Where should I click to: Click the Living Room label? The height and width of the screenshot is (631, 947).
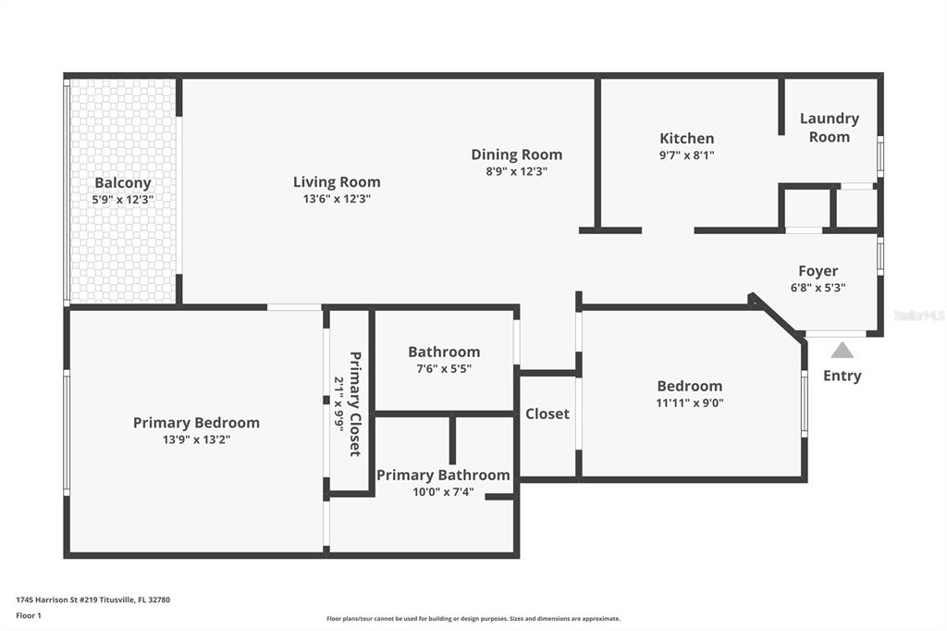click(x=337, y=182)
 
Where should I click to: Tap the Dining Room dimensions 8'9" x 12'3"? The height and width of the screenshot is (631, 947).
click(x=516, y=171)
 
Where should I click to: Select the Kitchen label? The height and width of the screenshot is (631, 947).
click(x=687, y=139)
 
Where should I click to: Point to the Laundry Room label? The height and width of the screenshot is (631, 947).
click(x=830, y=128)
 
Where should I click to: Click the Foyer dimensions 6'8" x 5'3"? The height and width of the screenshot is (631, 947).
click(x=818, y=288)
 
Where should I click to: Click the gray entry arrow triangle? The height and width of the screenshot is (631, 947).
click(x=842, y=351)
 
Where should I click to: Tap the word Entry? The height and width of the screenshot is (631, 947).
click(x=842, y=376)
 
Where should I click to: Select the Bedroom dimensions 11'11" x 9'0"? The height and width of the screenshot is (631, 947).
click(x=690, y=402)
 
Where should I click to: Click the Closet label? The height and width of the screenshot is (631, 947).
click(x=547, y=414)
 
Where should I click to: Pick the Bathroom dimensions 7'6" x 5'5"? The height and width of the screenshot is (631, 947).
click(x=444, y=368)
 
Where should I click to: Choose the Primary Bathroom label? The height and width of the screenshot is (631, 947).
click(x=443, y=475)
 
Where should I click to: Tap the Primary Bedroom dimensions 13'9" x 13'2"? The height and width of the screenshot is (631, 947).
click(x=196, y=439)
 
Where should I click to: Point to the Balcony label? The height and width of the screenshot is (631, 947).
click(x=123, y=182)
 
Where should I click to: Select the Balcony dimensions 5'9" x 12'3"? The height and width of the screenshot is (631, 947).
click(x=123, y=200)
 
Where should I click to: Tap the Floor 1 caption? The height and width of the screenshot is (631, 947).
click(x=29, y=616)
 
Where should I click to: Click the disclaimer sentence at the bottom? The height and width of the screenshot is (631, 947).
click(x=473, y=618)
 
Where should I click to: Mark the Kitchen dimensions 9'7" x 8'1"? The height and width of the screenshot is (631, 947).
click(x=687, y=155)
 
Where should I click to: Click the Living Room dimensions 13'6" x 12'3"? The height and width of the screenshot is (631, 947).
click(x=337, y=199)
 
